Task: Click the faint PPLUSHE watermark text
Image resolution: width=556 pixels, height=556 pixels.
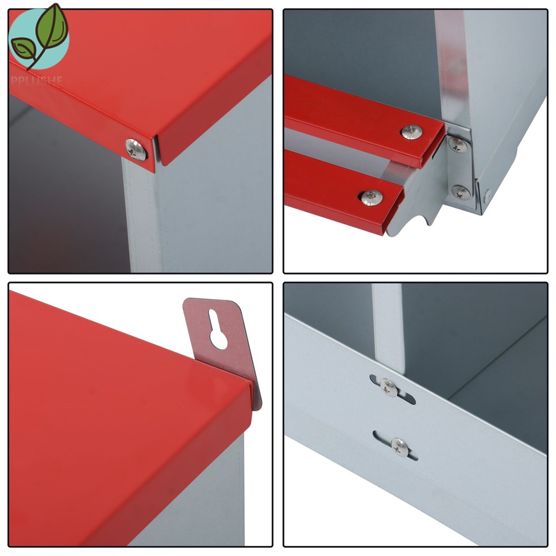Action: (36, 80)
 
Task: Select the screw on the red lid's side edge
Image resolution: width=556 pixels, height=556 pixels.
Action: (136, 150)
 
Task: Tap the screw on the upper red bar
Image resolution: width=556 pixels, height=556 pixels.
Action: (411, 132)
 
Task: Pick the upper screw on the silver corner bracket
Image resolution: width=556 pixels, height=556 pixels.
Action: (458, 145)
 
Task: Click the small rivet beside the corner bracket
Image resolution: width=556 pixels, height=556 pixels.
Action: (487, 196)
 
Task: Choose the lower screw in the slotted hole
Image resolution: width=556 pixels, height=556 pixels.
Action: (399, 445)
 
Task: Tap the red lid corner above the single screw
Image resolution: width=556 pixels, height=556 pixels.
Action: (151, 136)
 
